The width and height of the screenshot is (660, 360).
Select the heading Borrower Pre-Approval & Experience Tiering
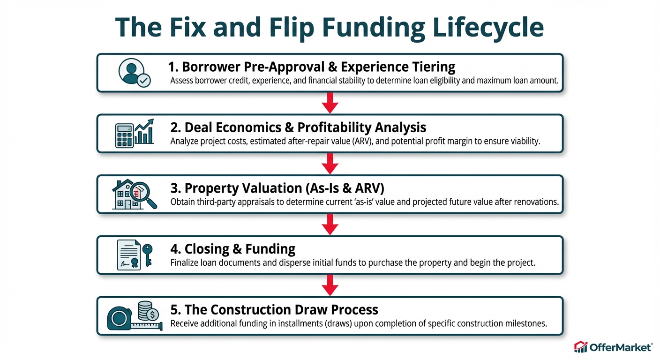(x=311, y=67)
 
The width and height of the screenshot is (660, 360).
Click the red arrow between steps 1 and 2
(x=330, y=103)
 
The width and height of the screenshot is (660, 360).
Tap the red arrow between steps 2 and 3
(x=330, y=164)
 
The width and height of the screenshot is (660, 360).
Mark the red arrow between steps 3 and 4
(x=330, y=225)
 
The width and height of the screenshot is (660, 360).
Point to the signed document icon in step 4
(x=128, y=255)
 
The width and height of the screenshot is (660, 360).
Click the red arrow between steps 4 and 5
(x=330, y=285)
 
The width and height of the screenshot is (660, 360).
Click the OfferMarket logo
(x=613, y=347)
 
